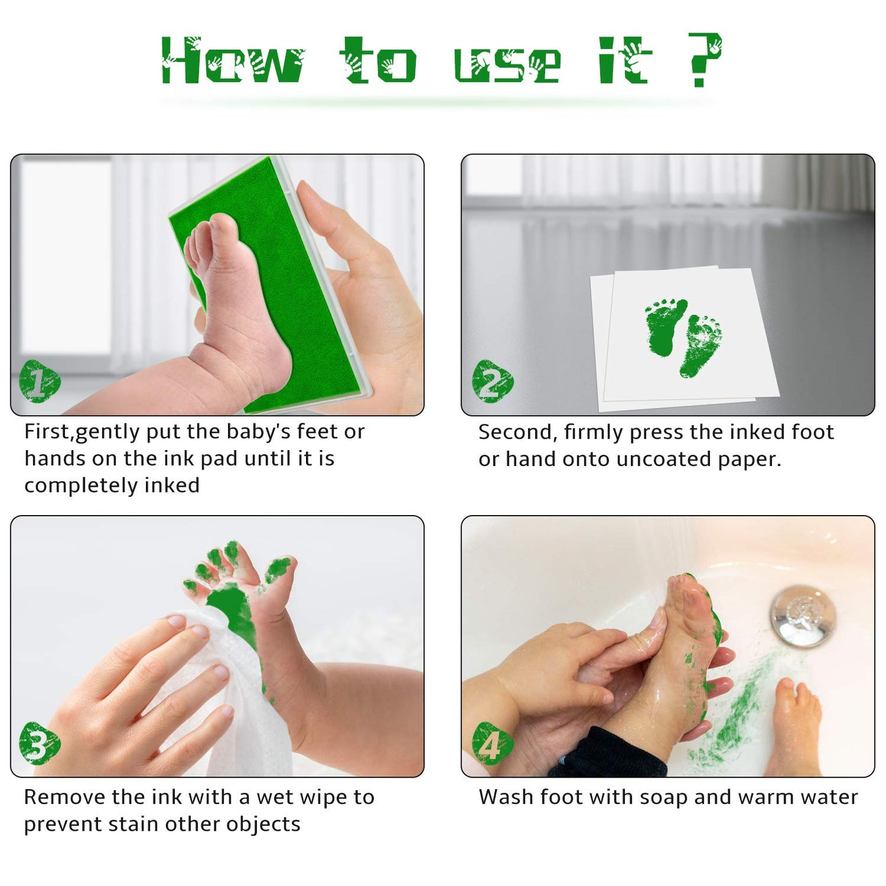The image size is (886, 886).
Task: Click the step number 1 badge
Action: (x=39, y=381)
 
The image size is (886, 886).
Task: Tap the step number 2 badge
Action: (x=492, y=381)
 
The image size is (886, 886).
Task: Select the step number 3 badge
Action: (x=39, y=743)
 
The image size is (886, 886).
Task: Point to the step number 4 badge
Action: (x=492, y=743)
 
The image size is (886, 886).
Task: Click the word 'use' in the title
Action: (x=506, y=64)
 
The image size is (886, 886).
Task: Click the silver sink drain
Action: (x=803, y=615)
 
